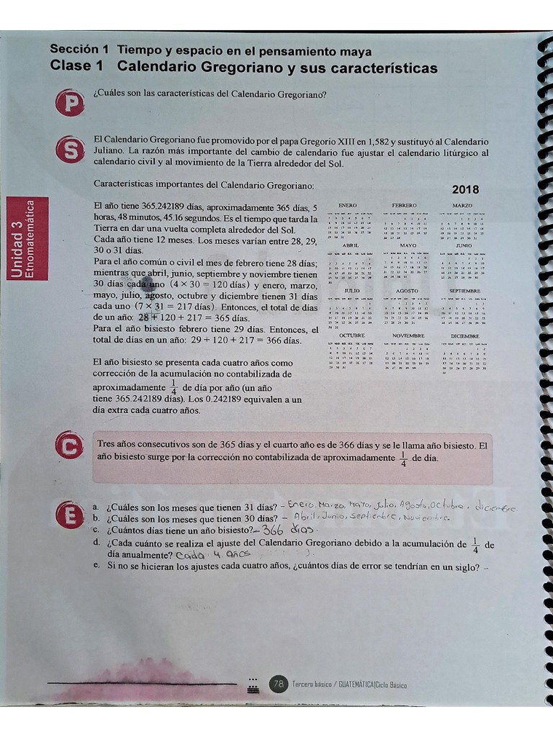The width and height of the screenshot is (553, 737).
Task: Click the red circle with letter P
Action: pos(70,104)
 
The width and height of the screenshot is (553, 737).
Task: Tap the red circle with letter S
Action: pos(70,149)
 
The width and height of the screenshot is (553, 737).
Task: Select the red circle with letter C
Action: pos(69,448)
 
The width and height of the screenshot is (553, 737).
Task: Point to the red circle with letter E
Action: pos(70,515)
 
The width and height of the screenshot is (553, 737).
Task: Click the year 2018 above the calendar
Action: pos(465,190)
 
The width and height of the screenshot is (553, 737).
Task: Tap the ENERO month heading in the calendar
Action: pos(348,206)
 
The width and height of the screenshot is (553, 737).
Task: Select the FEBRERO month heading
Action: pos(404,206)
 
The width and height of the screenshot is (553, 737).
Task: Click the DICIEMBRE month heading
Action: pos(464,336)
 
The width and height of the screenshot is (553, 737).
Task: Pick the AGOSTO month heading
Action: pos(407,291)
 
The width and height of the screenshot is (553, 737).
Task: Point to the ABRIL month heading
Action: pos(351,245)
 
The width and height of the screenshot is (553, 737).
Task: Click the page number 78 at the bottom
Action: pos(279,684)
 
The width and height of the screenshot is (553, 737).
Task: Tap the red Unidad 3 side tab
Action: pos(27,238)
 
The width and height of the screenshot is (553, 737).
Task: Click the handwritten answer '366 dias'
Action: pos(283,530)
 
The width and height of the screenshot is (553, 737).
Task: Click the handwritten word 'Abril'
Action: pos(306,517)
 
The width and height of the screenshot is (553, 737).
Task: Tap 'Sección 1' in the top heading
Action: pos(78,50)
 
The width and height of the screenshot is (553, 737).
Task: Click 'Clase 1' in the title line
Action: pos(76,68)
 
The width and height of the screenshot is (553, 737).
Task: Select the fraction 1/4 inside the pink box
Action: pos(403,458)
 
